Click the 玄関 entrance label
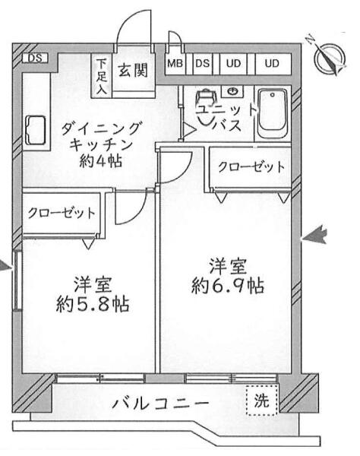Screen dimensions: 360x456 pyautogui.click(x=133, y=71)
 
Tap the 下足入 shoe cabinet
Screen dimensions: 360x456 pyautogui.click(x=102, y=76)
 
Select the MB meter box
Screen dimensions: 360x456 pyautogui.click(x=175, y=63)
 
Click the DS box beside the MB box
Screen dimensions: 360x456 pyautogui.click(x=203, y=63)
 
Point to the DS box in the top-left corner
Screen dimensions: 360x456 pyautogui.click(x=35, y=59)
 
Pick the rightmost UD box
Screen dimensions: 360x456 pyautogui.click(x=272, y=63)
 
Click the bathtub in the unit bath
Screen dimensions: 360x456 pyautogui.click(x=273, y=114)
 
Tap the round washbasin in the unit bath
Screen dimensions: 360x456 pyautogui.click(x=232, y=91)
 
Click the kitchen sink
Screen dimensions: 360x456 pyautogui.click(x=36, y=130)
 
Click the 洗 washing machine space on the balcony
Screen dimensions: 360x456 pyautogui.click(x=262, y=401)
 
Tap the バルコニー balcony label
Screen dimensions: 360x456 pyautogui.click(x=160, y=404)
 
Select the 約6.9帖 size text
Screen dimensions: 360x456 pyautogui.click(x=228, y=287)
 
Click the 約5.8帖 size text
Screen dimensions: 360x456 pyautogui.click(x=93, y=305)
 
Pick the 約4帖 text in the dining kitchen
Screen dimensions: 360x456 pyautogui.click(x=100, y=160)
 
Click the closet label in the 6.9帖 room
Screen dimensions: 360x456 pyautogui.click(x=251, y=167)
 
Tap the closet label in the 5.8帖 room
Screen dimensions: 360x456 pyautogui.click(x=62, y=213)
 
